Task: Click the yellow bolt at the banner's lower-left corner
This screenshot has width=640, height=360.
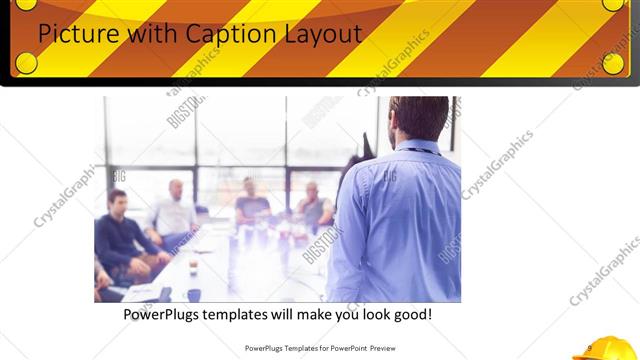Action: tap(26, 63)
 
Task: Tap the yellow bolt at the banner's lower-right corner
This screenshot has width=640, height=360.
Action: tap(613, 63)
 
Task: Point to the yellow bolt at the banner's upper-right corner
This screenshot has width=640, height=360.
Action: tap(613, 4)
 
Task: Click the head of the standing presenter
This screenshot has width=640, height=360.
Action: tap(417, 118)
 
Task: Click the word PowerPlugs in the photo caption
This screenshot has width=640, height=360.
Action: tap(166, 314)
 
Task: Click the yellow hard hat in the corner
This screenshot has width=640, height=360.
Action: tap(604, 347)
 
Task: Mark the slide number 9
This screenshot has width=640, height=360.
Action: tap(590, 347)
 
